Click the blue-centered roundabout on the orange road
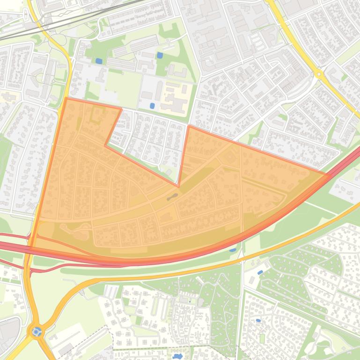[37, 332]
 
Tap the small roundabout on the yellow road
[319, 74]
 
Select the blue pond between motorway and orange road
[233, 250]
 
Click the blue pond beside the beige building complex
[152, 106]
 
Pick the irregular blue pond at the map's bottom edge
[177, 356]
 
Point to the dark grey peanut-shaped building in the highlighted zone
[172, 197]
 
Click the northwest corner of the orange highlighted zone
[66, 98]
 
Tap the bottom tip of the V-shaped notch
[179, 184]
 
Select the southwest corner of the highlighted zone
[30, 246]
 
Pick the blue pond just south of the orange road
[260, 272]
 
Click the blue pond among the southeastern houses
[258, 321]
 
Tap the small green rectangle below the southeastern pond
[262, 338]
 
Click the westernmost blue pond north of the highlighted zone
[99, 61]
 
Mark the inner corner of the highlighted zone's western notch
[106, 145]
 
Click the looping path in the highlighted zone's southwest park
[75, 230]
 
